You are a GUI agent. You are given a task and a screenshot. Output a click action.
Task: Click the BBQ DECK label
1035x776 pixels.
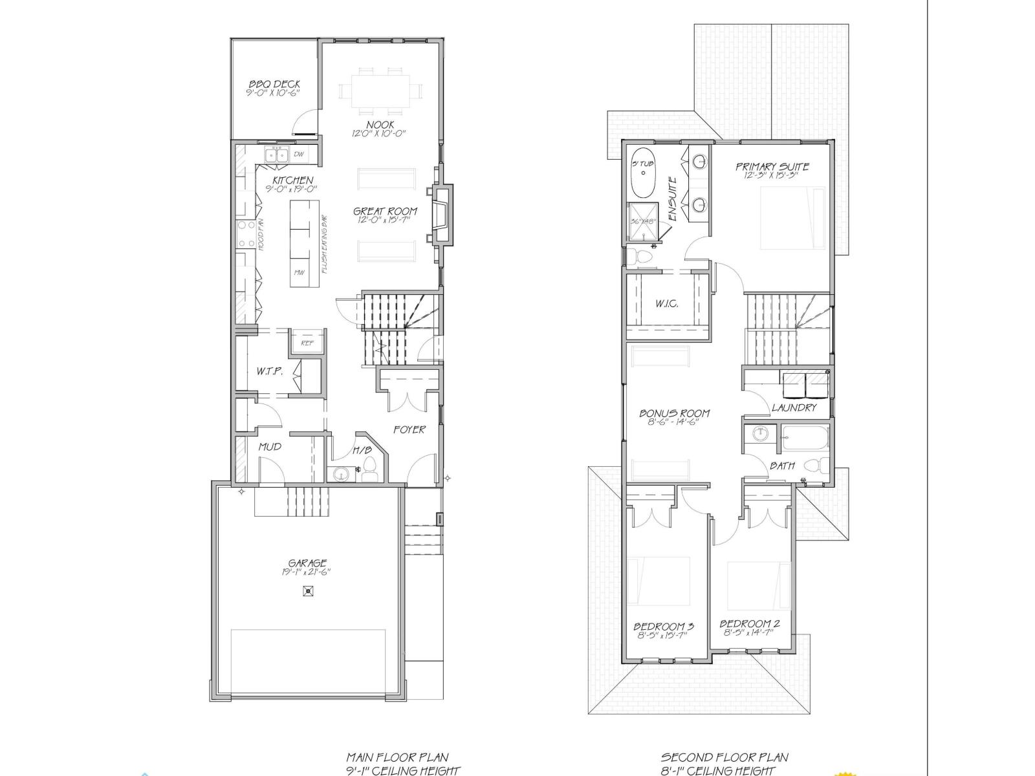tap(274, 84)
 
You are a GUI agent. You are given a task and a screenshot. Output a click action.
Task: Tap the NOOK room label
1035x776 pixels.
tap(380, 124)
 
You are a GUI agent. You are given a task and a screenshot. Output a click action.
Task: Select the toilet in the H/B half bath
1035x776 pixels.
tap(370, 470)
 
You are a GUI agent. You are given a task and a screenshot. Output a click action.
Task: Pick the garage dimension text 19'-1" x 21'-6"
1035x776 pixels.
tap(307, 572)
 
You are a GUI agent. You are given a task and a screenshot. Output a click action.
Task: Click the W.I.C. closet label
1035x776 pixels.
tap(666, 304)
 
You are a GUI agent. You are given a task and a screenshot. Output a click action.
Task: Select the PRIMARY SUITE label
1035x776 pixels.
tap(772, 167)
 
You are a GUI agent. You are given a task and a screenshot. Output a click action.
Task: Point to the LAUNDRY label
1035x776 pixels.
tap(794, 407)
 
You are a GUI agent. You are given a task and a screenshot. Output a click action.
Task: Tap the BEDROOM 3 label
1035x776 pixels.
tap(664, 625)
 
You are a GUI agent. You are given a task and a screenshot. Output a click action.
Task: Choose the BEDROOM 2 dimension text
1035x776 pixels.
tap(750, 634)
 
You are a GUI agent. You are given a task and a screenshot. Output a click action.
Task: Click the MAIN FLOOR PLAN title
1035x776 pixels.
tap(397, 757)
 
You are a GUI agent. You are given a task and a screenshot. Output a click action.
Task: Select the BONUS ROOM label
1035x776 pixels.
tap(675, 413)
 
